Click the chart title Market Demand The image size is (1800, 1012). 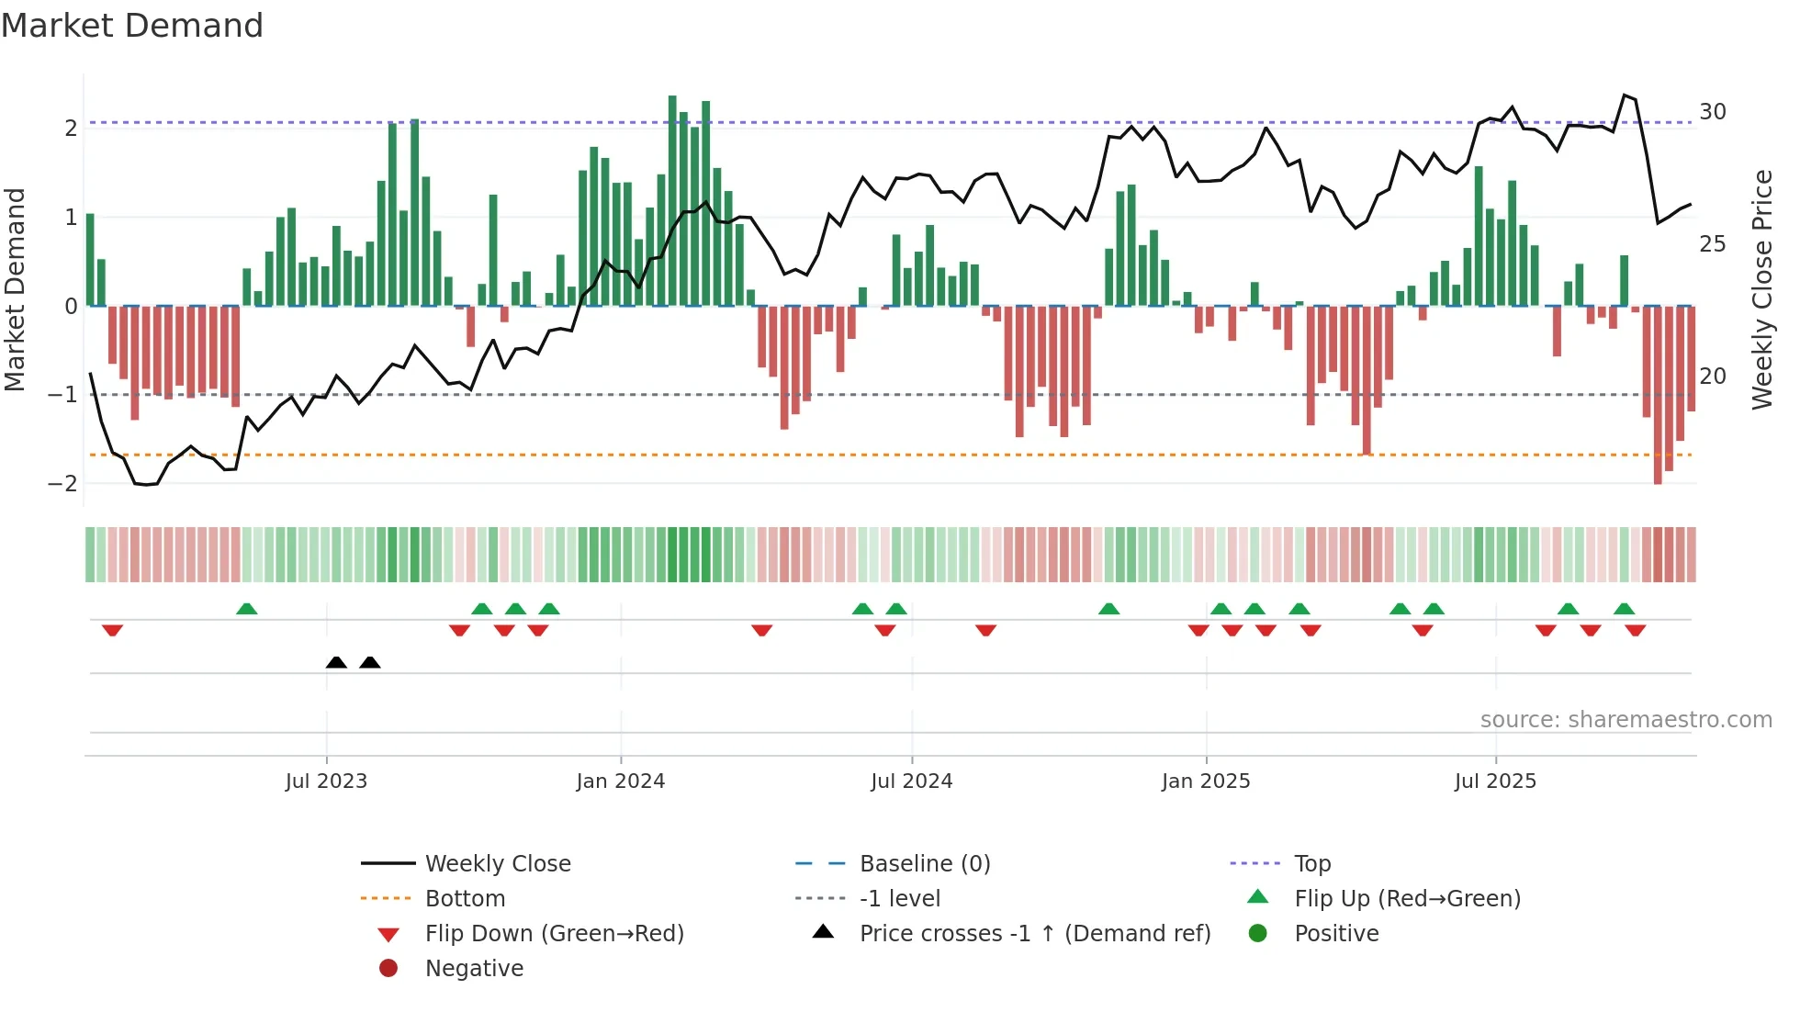pyautogui.click(x=132, y=26)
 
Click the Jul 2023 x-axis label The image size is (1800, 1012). pyautogui.click(x=326, y=781)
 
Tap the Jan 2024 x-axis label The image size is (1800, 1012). pyautogui.click(x=620, y=781)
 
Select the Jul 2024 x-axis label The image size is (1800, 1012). pyautogui.click(x=911, y=781)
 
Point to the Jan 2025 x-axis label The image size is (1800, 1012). pyautogui.click(x=1205, y=781)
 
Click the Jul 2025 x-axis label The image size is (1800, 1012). pyautogui.click(x=1495, y=781)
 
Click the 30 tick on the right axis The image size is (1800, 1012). pyautogui.click(x=1712, y=112)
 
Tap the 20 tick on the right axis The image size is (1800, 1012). pyautogui.click(x=1712, y=377)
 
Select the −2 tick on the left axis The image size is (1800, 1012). pyautogui.click(x=63, y=484)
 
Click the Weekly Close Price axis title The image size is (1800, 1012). pyautogui.click(x=1761, y=289)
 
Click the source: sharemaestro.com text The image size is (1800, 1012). pyautogui.click(x=1626, y=720)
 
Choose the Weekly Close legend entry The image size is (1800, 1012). pyautogui.click(x=497, y=864)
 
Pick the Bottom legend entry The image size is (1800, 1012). pyautogui.click(x=465, y=899)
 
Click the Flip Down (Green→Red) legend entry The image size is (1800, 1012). pyautogui.click(x=554, y=934)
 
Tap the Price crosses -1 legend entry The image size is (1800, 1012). pyautogui.click(x=1034, y=934)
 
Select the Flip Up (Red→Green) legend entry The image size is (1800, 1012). pyautogui.click(x=1407, y=899)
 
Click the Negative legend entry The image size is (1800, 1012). pyautogui.click(x=474, y=969)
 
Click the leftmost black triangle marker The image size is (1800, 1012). pyautogui.click(x=336, y=662)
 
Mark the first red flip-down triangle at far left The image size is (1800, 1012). pyautogui.click(x=112, y=630)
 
